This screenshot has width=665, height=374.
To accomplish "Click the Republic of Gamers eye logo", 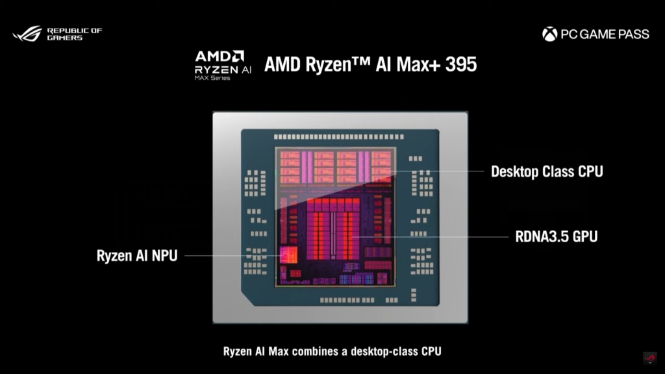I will coord(27,33).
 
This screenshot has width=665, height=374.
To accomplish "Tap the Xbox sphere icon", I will coord(549,34).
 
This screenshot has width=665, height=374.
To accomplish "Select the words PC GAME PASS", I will coord(605,34).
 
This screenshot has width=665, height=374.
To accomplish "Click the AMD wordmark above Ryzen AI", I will coord(220,56).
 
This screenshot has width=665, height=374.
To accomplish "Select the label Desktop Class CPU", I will coord(547,171).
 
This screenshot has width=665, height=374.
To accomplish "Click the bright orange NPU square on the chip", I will coord(288,255).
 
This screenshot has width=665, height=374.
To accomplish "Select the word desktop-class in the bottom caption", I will coord(383,351).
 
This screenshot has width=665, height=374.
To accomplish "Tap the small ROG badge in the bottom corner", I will coord(649,358).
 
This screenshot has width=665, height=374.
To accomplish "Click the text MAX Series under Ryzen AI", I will coord(212,79).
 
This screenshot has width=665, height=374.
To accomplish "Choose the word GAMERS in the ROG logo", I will coord(65,38).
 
